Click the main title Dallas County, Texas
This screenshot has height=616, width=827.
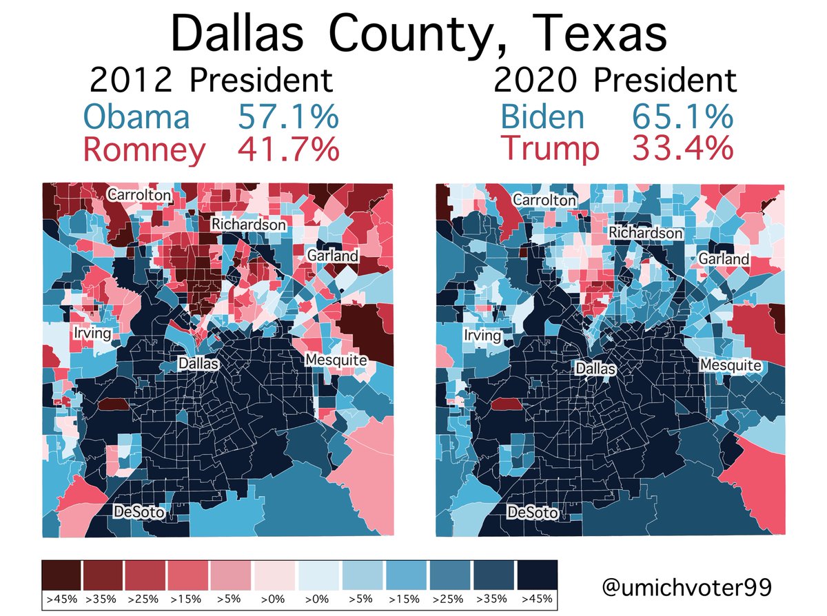tap(419, 34)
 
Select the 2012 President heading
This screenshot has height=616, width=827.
tap(211, 81)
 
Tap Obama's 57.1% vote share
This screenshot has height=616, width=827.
tap(288, 116)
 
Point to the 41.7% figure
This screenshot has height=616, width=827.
tap(288, 150)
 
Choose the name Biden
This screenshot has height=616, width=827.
tap(542, 116)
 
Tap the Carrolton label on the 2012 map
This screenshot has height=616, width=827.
tap(139, 196)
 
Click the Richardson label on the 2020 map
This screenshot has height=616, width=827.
tap(646, 233)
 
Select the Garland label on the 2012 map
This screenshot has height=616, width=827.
tap(333, 256)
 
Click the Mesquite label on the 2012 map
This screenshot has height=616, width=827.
tap(336, 360)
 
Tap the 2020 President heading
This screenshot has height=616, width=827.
tap(615, 81)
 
